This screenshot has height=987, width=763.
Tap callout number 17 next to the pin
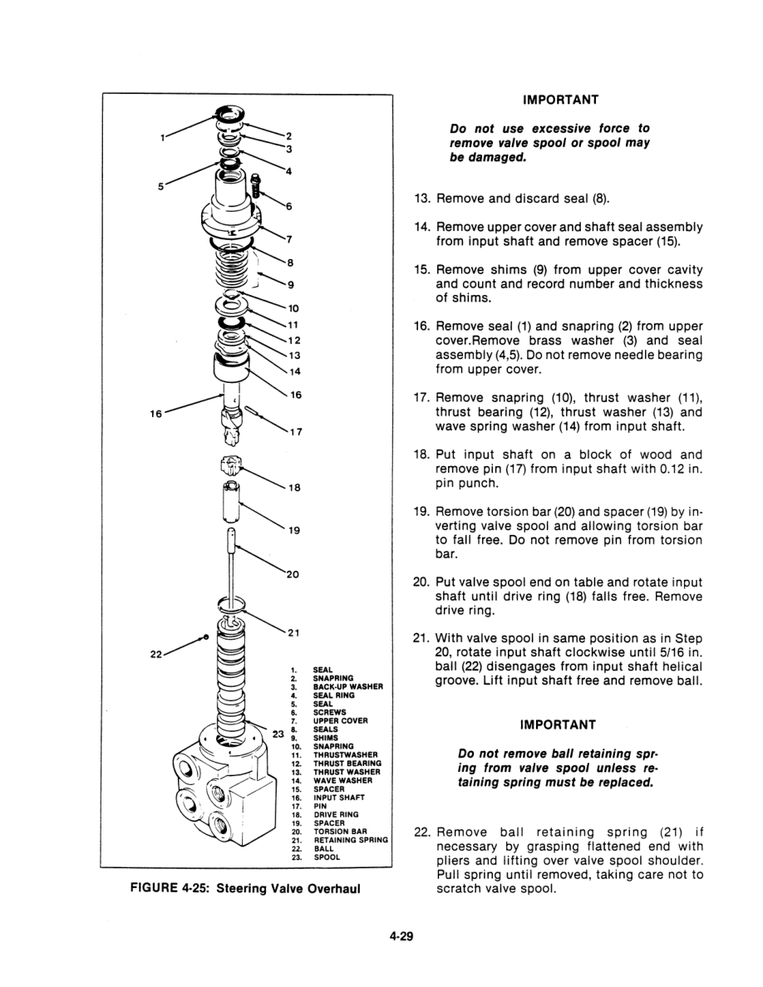pyautogui.click(x=294, y=430)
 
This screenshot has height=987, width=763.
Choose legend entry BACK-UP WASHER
pyautogui.click(x=347, y=686)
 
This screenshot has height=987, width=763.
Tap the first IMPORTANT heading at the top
pyautogui.click(x=560, y=100)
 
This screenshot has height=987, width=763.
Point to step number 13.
pyautogui.click(x=421, y=199)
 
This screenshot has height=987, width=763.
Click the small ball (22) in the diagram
pyautogui.click(x=205, y=636)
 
